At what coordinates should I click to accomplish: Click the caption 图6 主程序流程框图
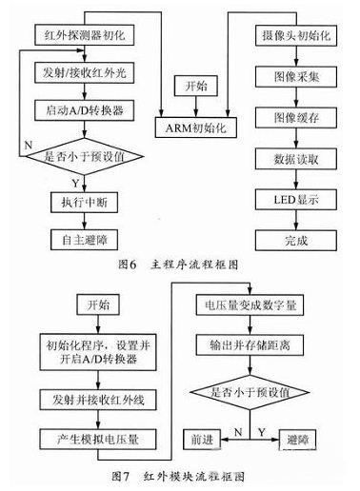point(179,265)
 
